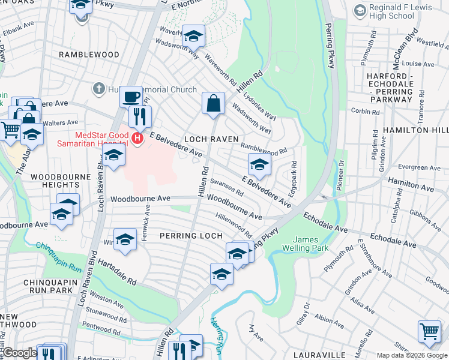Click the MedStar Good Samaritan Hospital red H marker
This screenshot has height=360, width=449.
pyautogui.click(x=137, y=139)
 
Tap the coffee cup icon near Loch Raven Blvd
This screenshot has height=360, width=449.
pyautogui.click(x=131, y=96)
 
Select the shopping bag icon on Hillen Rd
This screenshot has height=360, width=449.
pyautogui.click(x=213, y=103)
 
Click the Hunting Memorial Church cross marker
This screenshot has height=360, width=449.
pyautogui.click(x=98, y=89)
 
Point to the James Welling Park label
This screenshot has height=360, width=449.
pyautogui.click(x=315, y=244)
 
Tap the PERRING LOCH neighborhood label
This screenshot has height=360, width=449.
pyautogui.click(x=183, y=236)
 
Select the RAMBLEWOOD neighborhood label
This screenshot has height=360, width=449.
pyautogui.click(x=89, y=55)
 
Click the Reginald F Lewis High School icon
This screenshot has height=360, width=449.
pyautogui.click(x=360, y=10)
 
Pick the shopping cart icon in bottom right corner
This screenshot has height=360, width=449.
pyautogui.click(x=429, y=331)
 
